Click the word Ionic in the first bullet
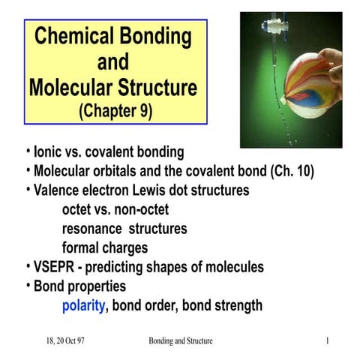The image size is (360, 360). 45,152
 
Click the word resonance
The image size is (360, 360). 94,228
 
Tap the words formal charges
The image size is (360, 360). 104,247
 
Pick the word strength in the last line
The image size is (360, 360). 234,305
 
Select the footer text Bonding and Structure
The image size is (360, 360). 181,341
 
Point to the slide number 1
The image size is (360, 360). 328,341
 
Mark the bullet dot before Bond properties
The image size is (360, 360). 28,286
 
